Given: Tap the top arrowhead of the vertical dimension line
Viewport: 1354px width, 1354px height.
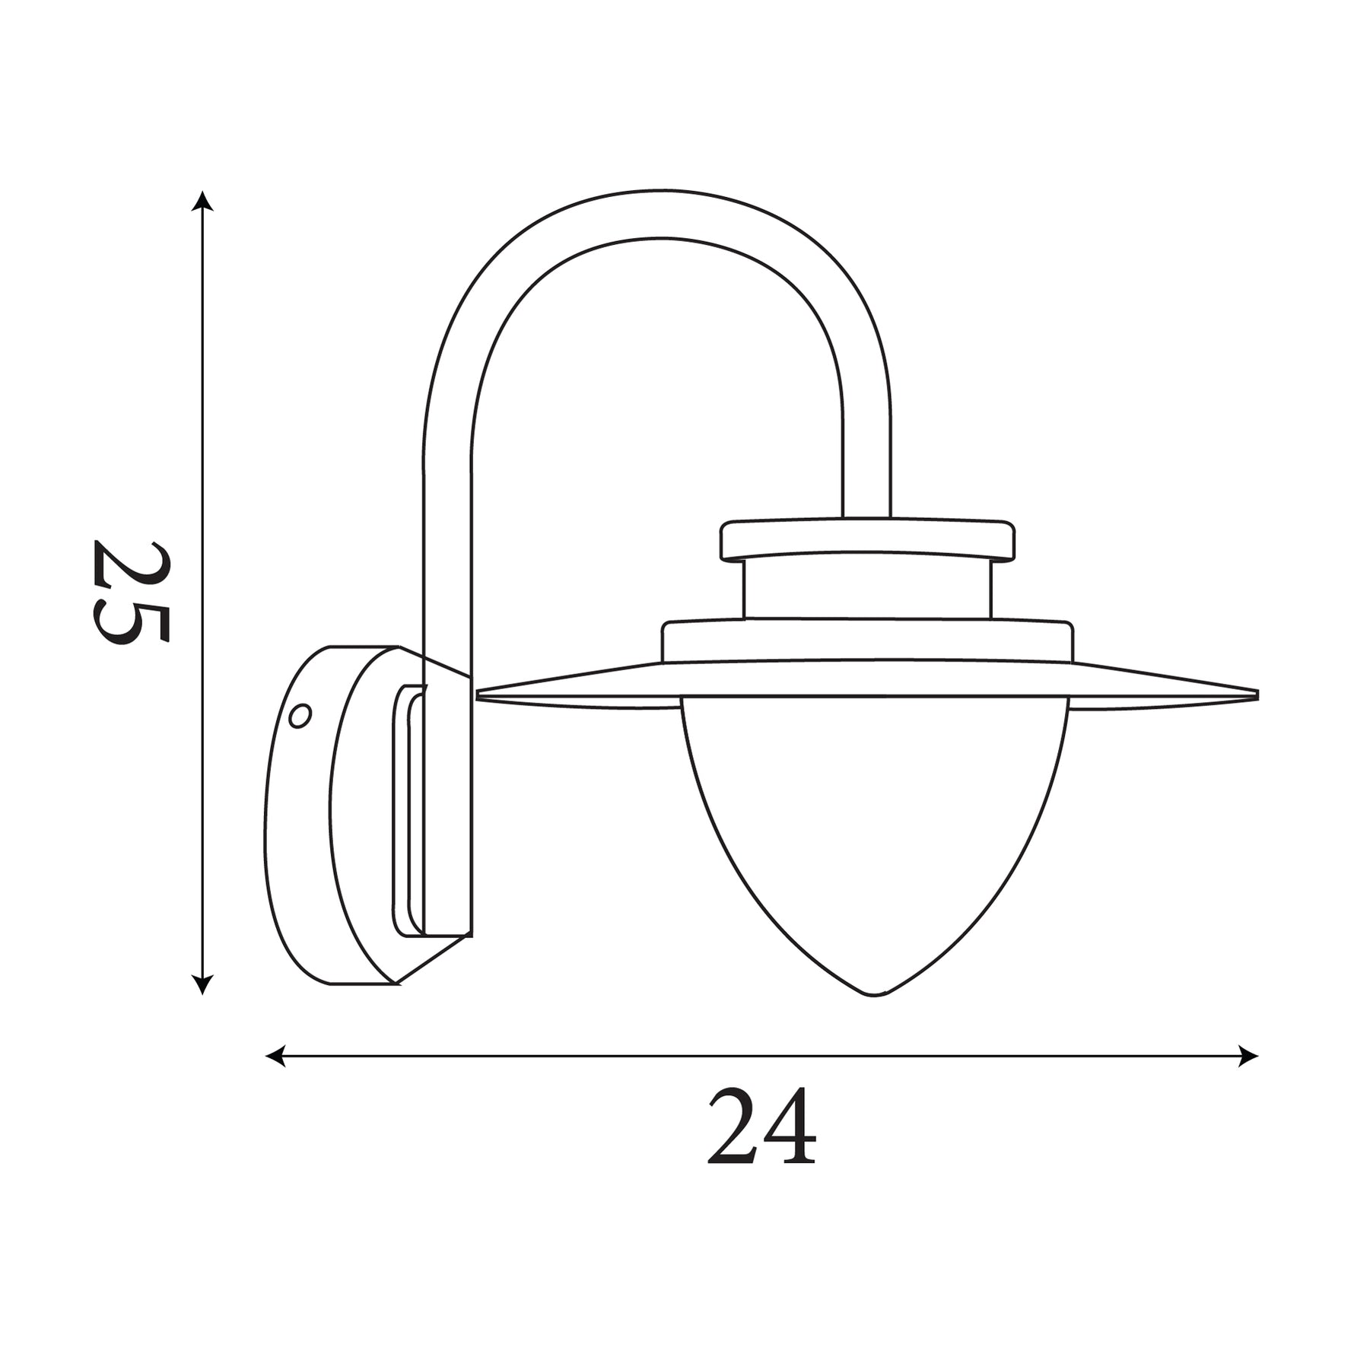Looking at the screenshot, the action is coord(202,201).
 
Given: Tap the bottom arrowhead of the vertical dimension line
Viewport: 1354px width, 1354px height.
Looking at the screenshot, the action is coord(202,984).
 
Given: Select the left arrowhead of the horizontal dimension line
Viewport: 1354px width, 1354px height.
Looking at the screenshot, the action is coord(275,1056).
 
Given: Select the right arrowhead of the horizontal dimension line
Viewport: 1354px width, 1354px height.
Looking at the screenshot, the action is coord(1248,1056).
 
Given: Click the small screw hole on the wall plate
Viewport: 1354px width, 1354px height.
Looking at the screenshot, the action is coord(300,716).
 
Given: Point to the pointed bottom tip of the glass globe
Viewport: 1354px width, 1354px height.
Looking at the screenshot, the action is coord(874,994).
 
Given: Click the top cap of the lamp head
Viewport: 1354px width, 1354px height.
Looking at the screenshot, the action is coord(867,540).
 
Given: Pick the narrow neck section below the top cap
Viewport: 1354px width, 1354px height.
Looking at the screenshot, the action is coord(867,590).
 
